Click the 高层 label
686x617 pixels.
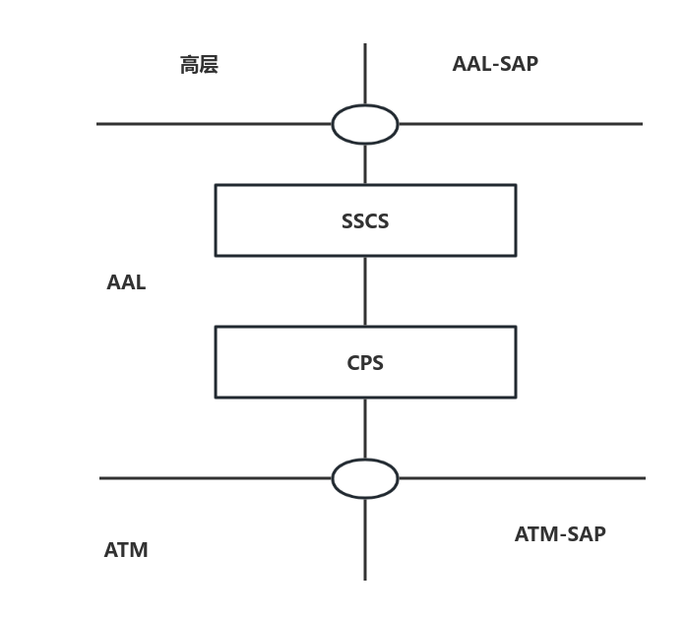tap(199, 65)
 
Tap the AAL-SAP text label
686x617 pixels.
tap(495, 64)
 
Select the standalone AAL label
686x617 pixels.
tap(126, 282)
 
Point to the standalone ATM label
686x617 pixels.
tap(126, 550)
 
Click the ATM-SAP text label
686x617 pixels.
tap(560, 534)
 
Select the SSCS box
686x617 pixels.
tap(365, 220)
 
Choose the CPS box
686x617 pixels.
tap(365, 362)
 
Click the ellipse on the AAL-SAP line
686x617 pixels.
tap(365, 125)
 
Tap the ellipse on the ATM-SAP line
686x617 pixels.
tap(365, 478)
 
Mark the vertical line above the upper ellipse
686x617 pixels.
tap(365, 74)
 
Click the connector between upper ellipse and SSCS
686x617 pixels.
tap(365, 164)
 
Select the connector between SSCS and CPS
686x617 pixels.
tap(365, 291)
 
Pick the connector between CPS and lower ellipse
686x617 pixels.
tap(365, 428)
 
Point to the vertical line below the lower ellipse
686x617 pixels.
tap(365, 539)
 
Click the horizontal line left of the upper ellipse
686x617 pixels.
tap(215, 124)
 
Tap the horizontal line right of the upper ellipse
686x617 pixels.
tap(520, 124)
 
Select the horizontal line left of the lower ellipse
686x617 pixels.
tap(217, 478)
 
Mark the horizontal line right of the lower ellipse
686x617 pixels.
tap(522, 478)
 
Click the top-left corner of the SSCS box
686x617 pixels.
tap(216, 185)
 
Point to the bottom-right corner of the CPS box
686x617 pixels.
tap(516, 398)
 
